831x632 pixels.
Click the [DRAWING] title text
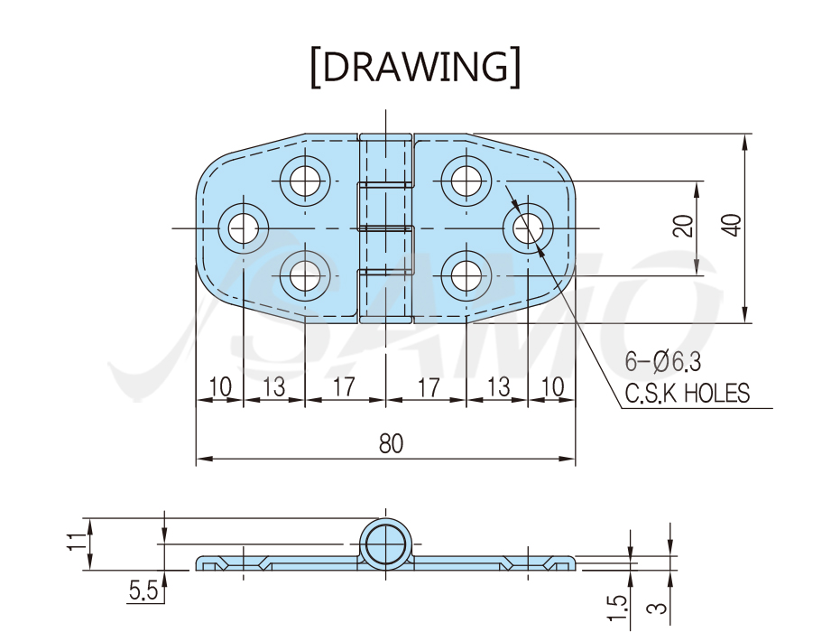click(415, 67)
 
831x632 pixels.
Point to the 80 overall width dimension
click(391, 444)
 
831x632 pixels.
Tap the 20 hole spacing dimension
click(683, 226)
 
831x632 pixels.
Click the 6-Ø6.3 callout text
click(663, 362)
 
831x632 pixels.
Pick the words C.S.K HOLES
click(688, 394)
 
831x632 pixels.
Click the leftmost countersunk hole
click(244, 228)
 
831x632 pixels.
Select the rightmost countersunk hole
click(528, 228)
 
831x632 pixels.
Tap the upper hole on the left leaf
click(305, 181)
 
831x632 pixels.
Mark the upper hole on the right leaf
click(466, 181)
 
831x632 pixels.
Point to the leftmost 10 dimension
click(219, 386)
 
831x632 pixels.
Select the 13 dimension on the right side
click(498, 386)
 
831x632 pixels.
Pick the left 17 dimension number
click(344, 386)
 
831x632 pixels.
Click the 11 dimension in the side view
click(77, 542)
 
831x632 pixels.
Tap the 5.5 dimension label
click(143, 590)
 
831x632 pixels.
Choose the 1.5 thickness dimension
click(617, 608)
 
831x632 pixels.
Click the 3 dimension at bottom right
click(657, 606)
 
